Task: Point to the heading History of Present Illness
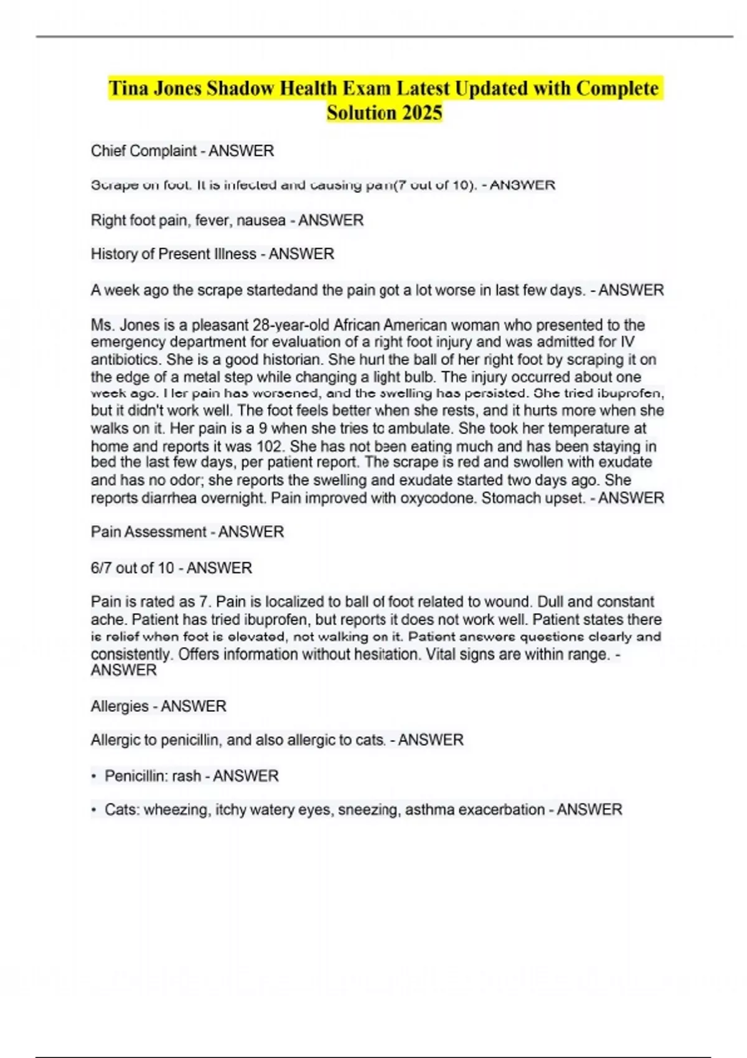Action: pos(174,254)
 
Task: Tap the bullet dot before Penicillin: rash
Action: pos(93,777)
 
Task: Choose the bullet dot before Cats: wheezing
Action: pos(93,810)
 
